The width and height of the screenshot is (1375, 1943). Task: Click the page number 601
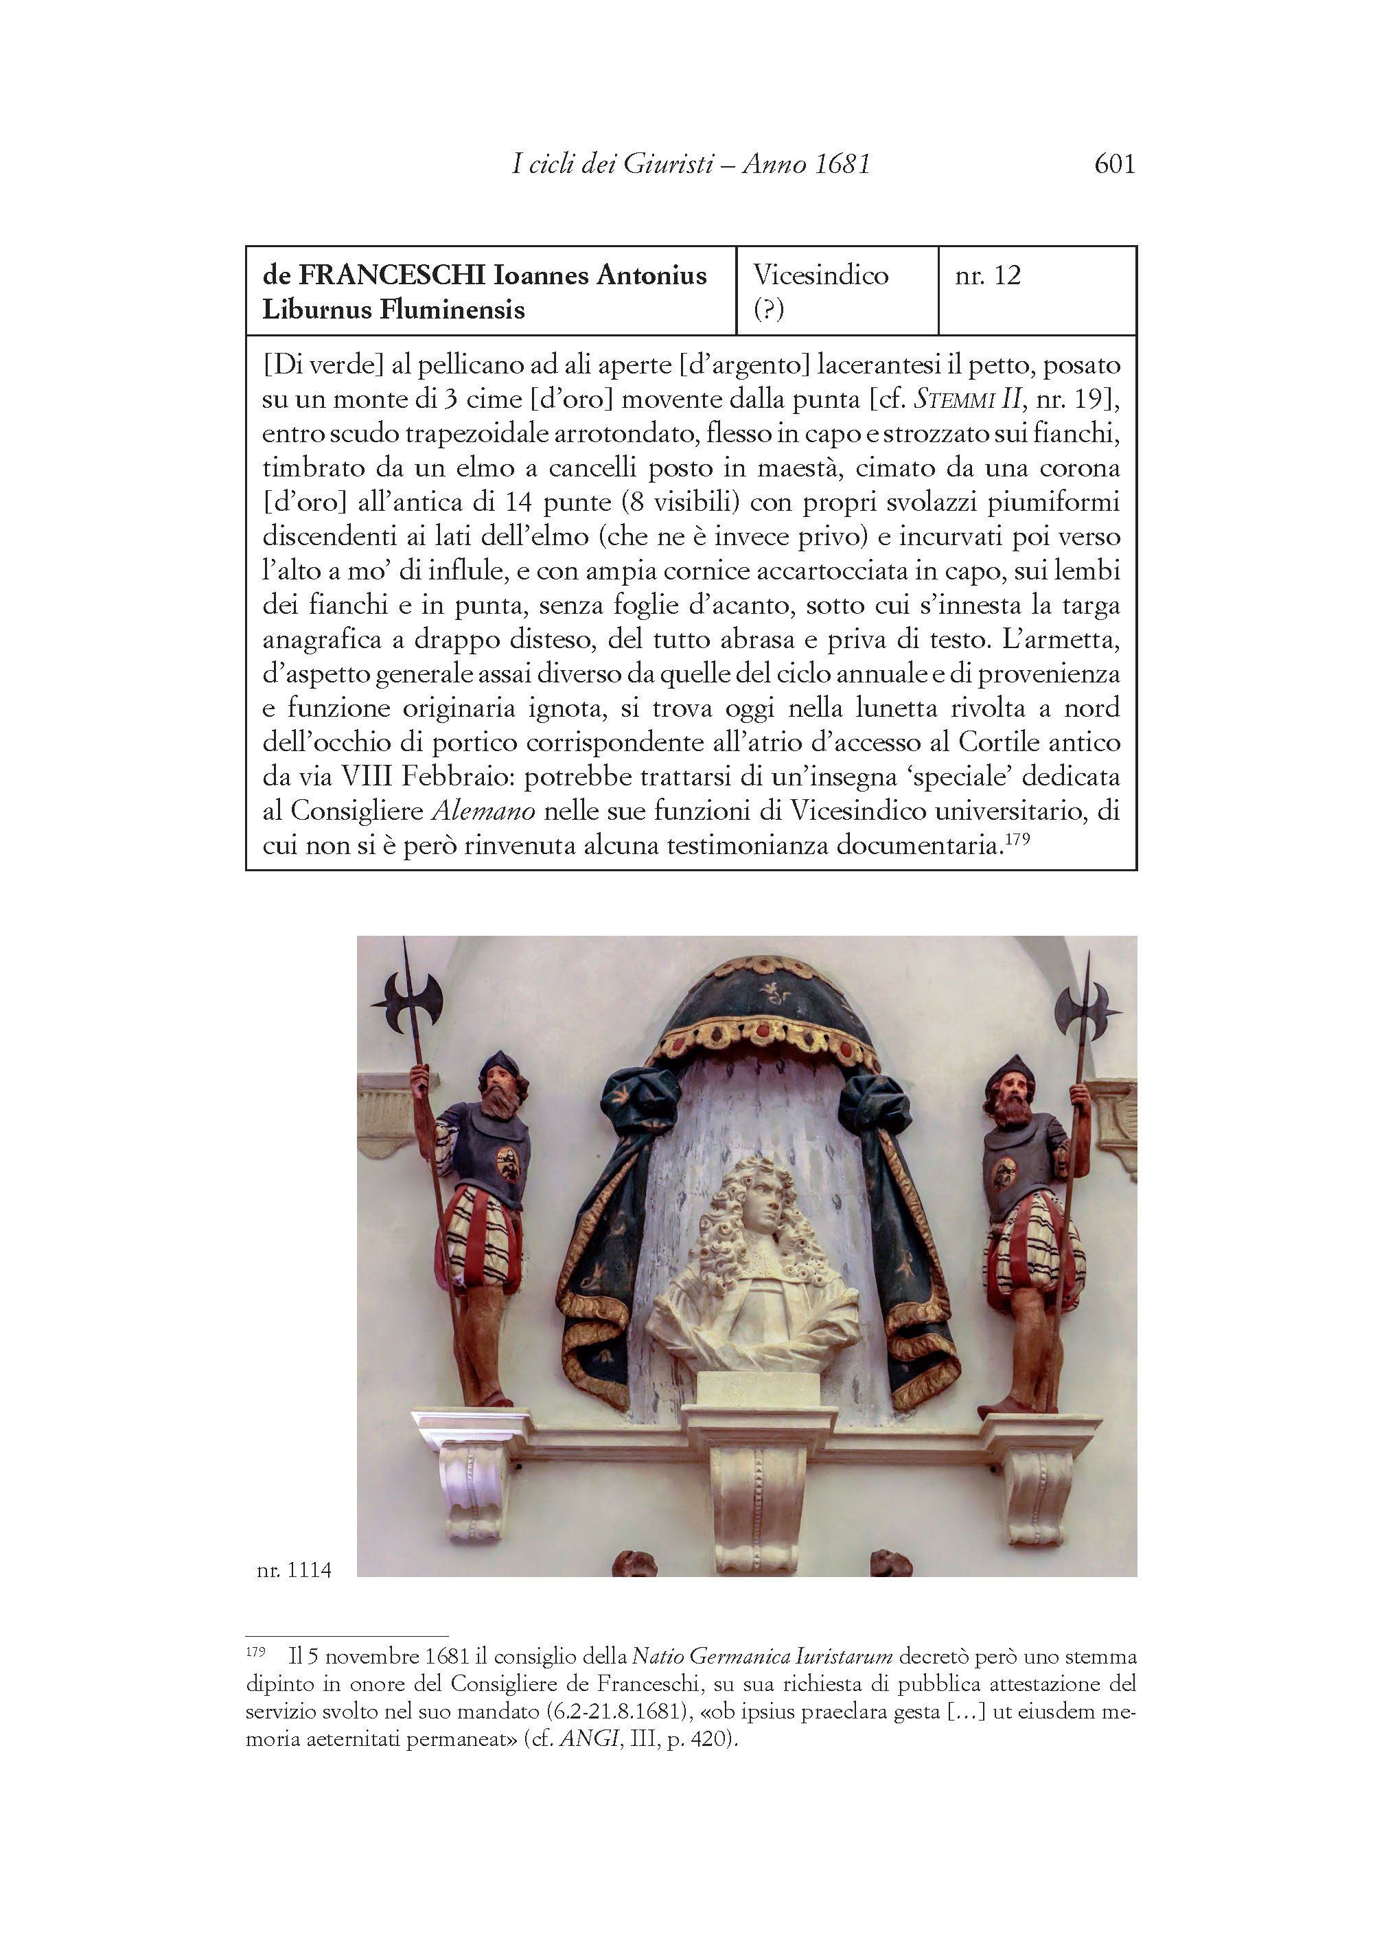tap(1114, 163)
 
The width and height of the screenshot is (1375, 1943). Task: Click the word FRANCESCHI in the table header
tap(392, 275)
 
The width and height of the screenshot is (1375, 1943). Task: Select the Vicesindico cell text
tap(820, 275)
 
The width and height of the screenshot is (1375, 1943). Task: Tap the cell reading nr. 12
tap(988, 275)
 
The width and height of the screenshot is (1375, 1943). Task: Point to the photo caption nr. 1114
tap(294, 1570)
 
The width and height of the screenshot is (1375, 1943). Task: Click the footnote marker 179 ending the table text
tap(1018, 839)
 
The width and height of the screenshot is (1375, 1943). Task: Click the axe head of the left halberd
tap(407, 1001)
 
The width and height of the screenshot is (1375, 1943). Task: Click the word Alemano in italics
tap(483, 811)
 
